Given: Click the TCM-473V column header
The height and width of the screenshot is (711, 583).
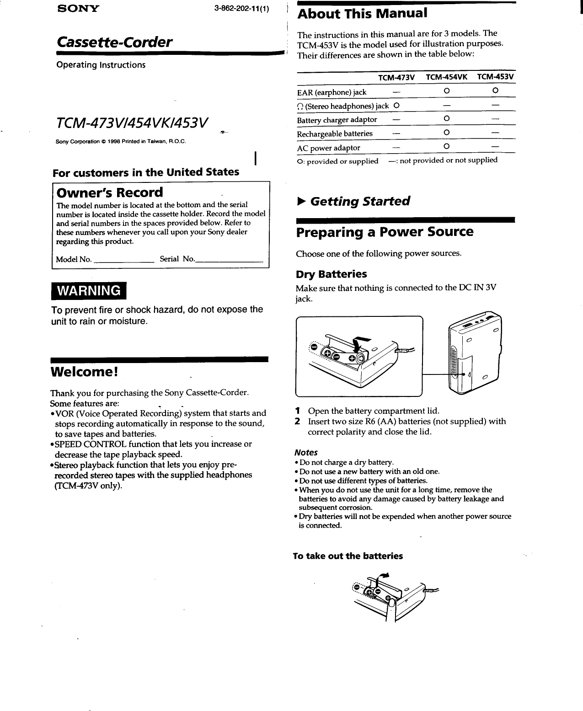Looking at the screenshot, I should point(396,77).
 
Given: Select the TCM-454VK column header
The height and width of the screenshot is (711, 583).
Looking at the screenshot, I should point(446,77).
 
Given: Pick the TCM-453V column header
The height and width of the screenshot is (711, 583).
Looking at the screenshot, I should point(495,77).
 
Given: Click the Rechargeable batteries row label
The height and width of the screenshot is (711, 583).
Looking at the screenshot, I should point(335,134).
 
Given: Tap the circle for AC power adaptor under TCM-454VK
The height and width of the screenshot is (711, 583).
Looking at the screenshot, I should point(446,147).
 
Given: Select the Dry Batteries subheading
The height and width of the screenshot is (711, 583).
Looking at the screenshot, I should point(331,274).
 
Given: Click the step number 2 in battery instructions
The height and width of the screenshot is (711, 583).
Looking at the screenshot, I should point(298,421).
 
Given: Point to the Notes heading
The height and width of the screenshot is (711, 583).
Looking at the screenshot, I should point(306,452).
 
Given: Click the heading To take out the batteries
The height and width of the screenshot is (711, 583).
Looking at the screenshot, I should point(348,556).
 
